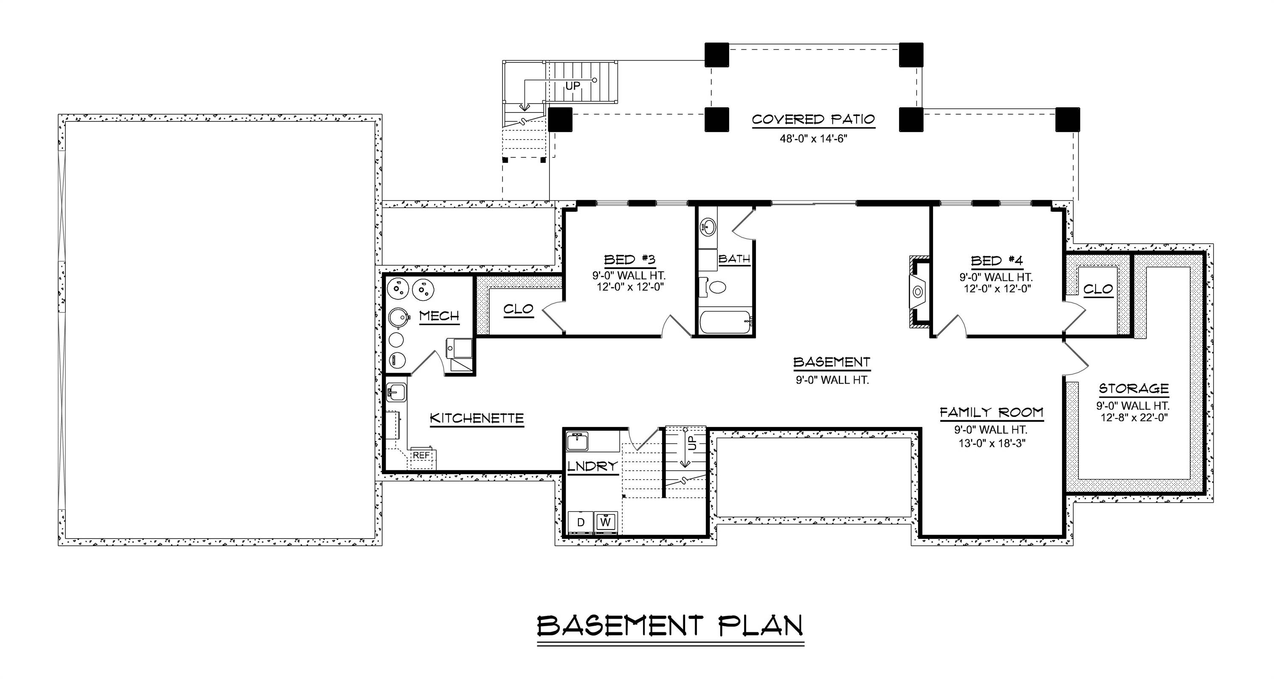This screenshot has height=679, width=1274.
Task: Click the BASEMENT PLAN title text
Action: click(x=670, y=626)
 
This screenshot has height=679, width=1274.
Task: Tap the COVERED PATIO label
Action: click(x=813, y=120)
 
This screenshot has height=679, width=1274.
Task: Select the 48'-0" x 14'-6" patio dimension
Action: click(x=813, y=139)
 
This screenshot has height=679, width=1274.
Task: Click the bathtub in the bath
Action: click(x=725, y=322)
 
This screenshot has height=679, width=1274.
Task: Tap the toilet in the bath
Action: click(x=715, y=287)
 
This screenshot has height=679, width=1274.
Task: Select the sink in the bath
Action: click(x=708, y=228)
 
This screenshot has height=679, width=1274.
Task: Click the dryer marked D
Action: click(x=581, y=522)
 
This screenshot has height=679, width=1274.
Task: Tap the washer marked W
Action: click(x=606, y=522)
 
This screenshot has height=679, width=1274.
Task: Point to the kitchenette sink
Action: click(x=396, y=393)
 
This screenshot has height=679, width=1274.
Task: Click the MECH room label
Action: click(x=439, y=316)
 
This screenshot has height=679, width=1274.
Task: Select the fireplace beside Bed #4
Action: click(x=918, y=292)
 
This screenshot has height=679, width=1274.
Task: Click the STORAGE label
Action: click(x=1133, y=388)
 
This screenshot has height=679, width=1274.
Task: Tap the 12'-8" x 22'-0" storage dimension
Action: click(x=1133, y=418)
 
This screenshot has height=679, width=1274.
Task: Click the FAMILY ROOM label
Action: click(x=991, y=412)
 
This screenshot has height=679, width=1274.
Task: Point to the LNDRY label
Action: click(x=592, y=466)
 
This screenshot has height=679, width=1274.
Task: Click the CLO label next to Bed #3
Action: click(x=518, y=309)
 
